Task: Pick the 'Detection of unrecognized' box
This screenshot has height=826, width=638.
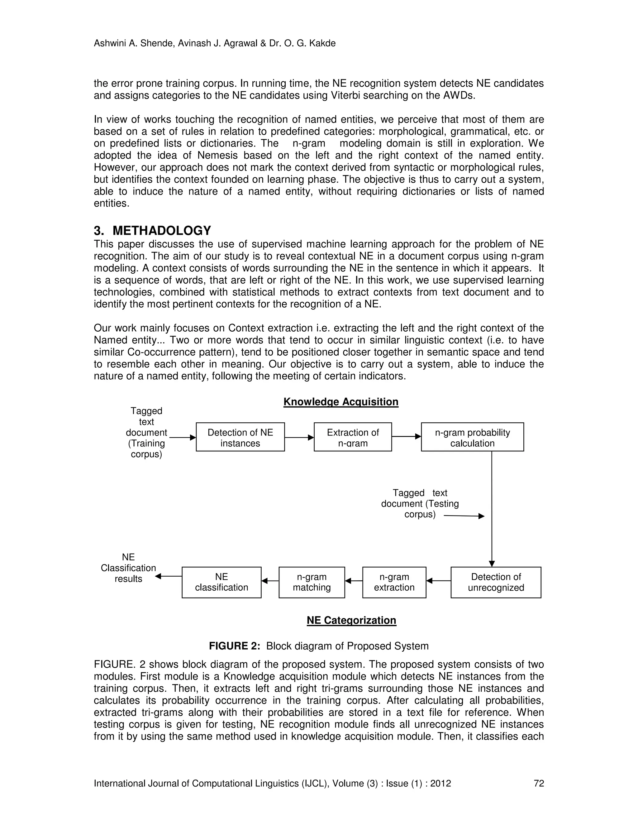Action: coord(496,582)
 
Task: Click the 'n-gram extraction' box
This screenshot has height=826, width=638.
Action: coord(394,582)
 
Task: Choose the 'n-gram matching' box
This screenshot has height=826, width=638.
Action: coord(312,582)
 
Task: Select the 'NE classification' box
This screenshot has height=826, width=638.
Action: coord(221,582)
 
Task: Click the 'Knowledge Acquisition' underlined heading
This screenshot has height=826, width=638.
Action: coord(340,402)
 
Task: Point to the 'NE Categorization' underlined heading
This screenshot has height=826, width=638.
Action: coord(351,620)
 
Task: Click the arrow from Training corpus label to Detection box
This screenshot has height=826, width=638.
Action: coord(183,438)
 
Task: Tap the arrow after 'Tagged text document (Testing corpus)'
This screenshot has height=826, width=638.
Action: coord(464,516)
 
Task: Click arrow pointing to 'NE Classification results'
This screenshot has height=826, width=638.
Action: coord(168,576)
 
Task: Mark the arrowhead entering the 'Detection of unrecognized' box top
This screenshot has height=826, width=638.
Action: coord(492,564)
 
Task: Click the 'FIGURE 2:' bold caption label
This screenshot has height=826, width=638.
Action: coord(234,646)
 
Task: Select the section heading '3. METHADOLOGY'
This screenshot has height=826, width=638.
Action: coord(152,230)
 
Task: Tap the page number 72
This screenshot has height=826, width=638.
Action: coord(539,783)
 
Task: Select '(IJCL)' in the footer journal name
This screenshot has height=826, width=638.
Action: coord(316,783)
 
